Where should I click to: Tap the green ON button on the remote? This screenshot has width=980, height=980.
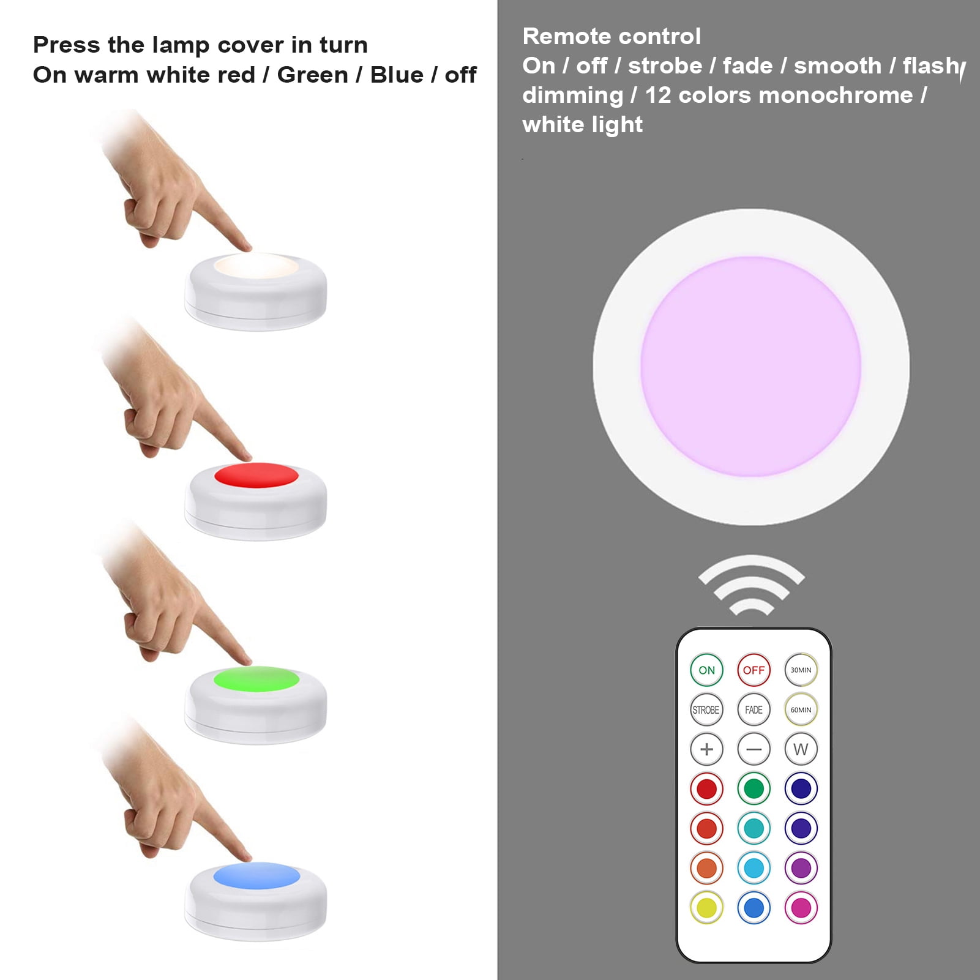[706, 670]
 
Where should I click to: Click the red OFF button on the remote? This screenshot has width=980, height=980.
[754, 670]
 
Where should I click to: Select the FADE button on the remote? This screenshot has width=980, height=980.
[754, 709]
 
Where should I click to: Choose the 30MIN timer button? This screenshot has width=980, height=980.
[801, 670]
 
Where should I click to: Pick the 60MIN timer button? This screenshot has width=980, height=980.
[801, 709]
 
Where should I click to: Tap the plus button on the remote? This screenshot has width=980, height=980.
[706, 749]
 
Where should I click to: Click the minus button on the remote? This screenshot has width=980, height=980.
[754, 749]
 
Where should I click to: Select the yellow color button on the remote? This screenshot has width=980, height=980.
[706, 907]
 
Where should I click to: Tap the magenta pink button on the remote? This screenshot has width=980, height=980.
[801, 907]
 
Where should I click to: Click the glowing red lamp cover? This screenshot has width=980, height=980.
[256, 476]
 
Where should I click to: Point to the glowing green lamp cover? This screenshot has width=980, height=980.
[256, 679]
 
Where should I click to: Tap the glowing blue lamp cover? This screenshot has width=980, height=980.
[256, 875]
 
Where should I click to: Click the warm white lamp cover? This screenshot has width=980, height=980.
[256, 267]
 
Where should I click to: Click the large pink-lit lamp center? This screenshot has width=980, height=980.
[751, 367]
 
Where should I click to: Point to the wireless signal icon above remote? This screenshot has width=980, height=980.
[751, 585]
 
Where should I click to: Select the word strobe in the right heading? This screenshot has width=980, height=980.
[665, 65]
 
